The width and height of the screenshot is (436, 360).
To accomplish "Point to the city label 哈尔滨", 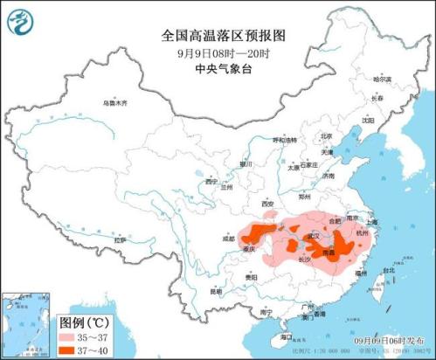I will pyautogui.click(x=383, y=80).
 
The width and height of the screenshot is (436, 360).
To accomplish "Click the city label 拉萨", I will pyautogui.click(x=120, y=239).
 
